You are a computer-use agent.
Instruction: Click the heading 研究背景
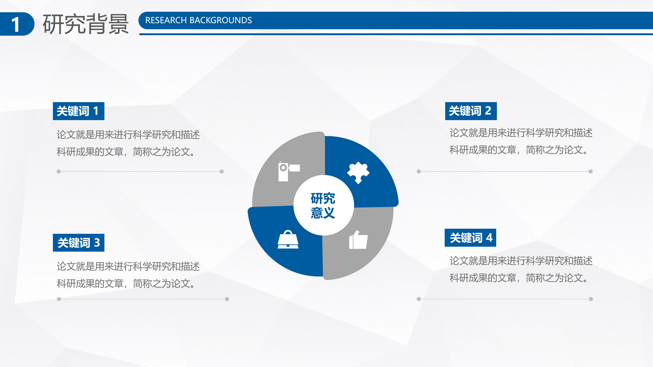[x=86, y=24]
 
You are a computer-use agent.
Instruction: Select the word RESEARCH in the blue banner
[x=166, y=20]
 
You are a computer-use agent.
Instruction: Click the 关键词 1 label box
[x=78, y=111]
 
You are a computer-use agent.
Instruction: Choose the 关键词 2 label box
[x=471, y=111]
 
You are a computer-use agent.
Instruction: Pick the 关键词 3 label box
[x=78, y=243]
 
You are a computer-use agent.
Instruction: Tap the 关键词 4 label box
[x=470, y=238]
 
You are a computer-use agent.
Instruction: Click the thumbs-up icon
[x=358, y=240]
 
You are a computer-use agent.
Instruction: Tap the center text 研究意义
[x=323, y=205]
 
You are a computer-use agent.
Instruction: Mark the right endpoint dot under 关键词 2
[x=591, y=171]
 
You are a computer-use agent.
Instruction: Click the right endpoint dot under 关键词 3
[x=227, y=299]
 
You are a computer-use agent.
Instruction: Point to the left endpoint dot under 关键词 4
[x=419, y=299]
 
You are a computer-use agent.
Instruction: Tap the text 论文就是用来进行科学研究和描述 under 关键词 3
[x=128, y=266]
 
